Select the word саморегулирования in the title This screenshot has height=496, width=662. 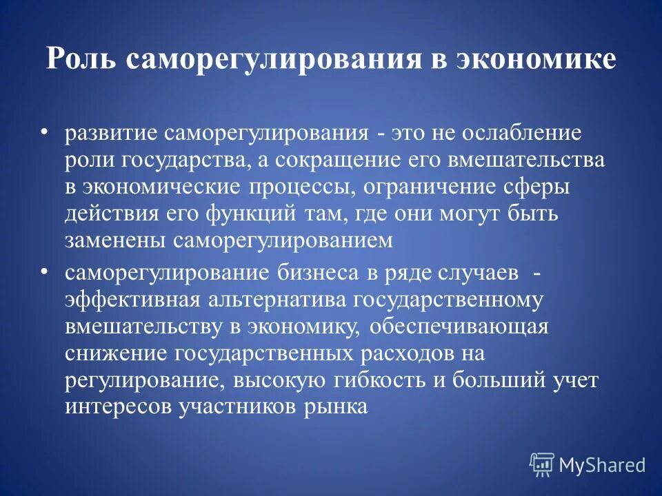click(x=273, y=59)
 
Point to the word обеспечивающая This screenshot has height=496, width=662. click(x=459, y=327)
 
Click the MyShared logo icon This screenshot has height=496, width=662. click(x=542, y=465)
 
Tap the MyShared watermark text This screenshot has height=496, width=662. click(x=602, y=465)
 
